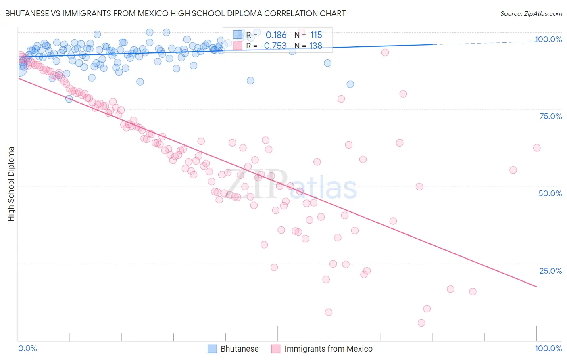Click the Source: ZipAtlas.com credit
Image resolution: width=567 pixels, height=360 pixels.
tap(531, 13)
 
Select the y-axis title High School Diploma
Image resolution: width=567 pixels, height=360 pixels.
tap(11, 184)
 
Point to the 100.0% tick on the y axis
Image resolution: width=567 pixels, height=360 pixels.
tap(548, 39)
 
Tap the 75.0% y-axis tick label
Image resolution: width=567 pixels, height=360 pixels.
tap(550, 116)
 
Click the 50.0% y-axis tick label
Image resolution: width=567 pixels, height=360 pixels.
tap(550, 193)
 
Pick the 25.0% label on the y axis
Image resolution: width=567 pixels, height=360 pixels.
tap(550, 270)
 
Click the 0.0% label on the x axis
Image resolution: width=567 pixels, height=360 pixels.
tap(27, 348)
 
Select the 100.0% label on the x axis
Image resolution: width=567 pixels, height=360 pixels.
tap(548, 348)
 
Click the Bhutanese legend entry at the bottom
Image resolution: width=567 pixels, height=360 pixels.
tap(240, 349)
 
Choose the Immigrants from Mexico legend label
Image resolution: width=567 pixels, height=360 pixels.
tap(328, 349)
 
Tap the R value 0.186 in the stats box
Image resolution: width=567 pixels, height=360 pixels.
tap(276, 35)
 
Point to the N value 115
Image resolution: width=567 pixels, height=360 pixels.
tap(316, 35)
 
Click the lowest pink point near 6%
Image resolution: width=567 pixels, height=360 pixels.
tap(421, 323)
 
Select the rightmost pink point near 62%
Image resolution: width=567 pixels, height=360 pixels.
tap(536, 148)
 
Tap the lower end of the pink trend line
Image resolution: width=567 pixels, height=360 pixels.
tap(536, 287)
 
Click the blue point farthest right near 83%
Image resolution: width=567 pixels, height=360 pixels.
tap(350, 84)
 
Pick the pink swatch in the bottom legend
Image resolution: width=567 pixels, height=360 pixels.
tap(276, 349)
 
